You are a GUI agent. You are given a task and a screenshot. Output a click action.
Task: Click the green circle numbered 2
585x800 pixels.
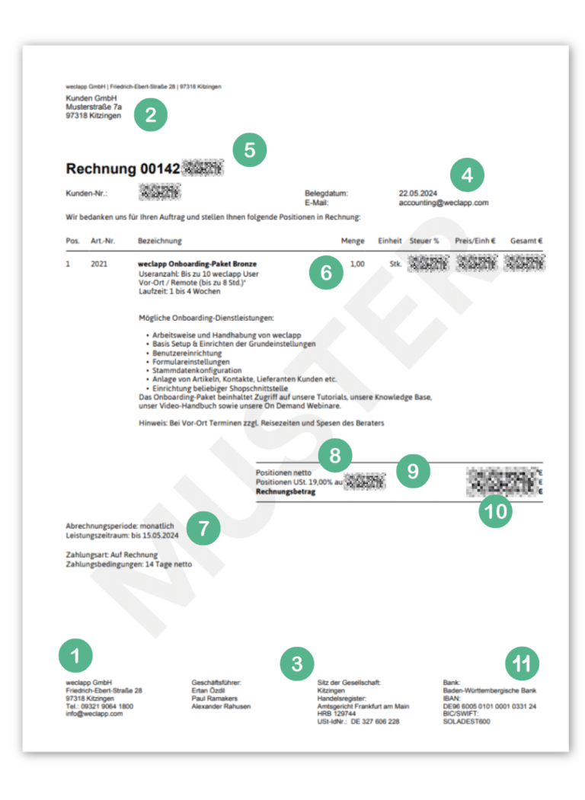point(150,115)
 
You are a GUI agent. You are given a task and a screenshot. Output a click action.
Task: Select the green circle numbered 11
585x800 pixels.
point(521,664)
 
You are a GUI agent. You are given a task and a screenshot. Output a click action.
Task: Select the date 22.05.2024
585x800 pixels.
point(417,194)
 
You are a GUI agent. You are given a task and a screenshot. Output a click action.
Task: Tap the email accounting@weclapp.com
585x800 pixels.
point(443,203)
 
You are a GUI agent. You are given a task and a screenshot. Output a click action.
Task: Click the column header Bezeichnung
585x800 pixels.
point(159,241)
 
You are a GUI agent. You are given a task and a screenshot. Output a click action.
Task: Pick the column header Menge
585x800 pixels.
point(353,241)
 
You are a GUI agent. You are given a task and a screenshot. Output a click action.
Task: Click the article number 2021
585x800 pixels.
point(99,264)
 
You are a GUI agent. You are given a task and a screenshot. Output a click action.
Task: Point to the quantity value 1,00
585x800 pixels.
point(356,264)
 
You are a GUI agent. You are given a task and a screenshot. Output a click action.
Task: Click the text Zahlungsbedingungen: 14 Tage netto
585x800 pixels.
point(129,565)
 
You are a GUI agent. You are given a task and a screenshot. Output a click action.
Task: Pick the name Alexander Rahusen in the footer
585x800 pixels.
point(221,706)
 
